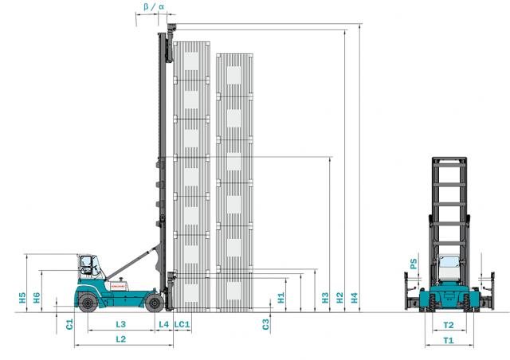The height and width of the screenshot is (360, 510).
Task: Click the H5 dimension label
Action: [x=22, y=298]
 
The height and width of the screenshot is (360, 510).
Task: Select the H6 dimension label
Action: [x=37, y=298]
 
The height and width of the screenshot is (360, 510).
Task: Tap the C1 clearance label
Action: [x=69, y=324]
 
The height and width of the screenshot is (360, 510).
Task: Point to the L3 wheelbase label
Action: [x=120, y=324]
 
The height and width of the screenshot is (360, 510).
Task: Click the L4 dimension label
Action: [x=164, y=324]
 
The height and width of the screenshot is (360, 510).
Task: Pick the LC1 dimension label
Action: [x=182, y=324]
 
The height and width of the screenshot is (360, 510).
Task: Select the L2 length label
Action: [x=120, y=339]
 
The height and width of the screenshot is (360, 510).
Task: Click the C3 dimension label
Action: [x=266, y=324]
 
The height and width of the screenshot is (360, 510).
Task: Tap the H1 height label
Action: [x=281, y=298]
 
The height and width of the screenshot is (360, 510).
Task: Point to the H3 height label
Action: [x=325, y=298]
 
